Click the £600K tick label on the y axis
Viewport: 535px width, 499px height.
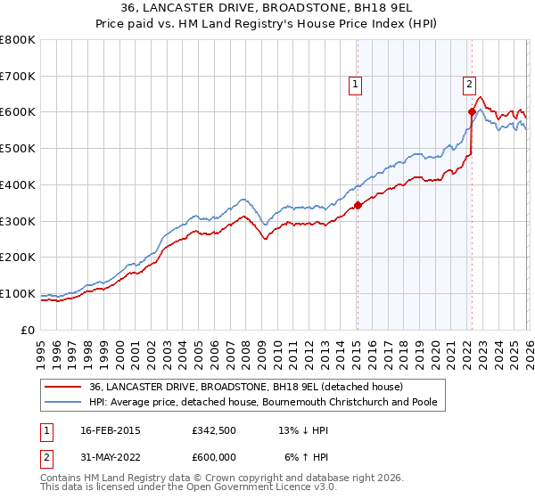pos(18,112)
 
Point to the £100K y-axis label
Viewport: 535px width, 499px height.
pos(18,293)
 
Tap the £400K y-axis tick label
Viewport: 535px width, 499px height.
pos(18,184)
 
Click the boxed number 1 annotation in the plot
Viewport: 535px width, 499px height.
pos(355,86)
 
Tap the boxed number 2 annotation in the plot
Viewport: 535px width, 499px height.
pos(469,86)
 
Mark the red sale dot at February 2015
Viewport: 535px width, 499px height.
pos(357,205)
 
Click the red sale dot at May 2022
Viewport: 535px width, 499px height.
pos(472,112)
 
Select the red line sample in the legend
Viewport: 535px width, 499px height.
pos(63,387)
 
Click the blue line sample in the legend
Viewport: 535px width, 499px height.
pos(63,402)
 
